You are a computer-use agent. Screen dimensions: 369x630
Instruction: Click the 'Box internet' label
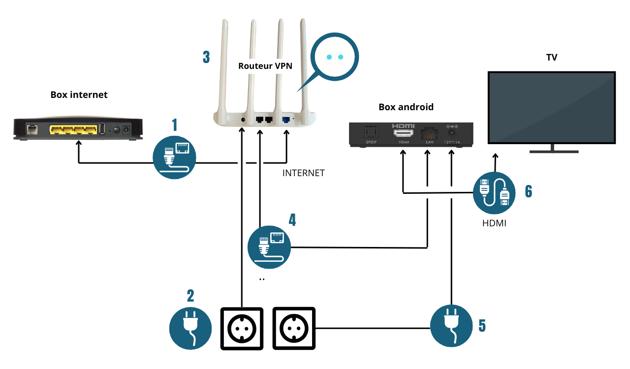point(79,94)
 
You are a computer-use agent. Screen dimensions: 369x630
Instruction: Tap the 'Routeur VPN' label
point(265,65)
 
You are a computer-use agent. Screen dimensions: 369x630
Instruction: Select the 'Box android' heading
point(406,107)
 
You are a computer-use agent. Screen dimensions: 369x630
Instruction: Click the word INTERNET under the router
point(303,173)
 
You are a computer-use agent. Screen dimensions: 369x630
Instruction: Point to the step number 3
point(206,57)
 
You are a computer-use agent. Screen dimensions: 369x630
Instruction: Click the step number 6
point(528,191)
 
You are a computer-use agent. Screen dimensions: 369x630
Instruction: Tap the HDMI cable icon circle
point(494,192)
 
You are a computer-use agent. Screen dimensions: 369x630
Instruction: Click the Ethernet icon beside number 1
point(175,157)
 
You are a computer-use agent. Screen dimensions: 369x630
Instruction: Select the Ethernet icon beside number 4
point(269,247)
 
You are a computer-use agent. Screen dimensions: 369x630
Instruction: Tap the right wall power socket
point(293,328)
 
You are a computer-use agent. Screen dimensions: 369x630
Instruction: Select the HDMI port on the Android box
point(403,132)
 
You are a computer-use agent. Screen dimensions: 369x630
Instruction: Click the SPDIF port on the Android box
point(370,132)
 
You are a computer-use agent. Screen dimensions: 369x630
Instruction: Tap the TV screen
point(551,107)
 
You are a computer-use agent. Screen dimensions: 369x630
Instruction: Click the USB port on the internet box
point(102,129)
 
